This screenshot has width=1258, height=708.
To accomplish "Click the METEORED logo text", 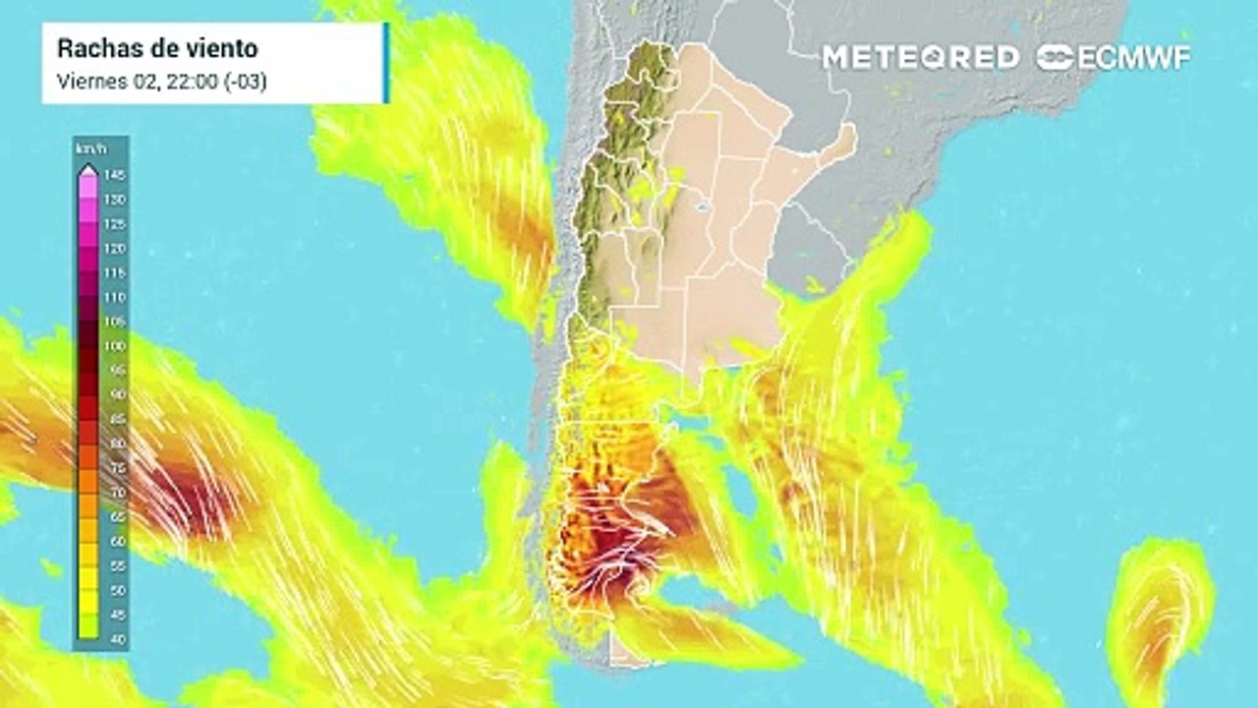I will click(x=920, y=57).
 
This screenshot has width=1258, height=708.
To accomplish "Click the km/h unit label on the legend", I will click(x=86, y=148).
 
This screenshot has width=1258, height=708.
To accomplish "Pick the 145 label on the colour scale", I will click(x=115, y=175).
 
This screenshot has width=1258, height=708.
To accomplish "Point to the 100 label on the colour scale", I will click(x=115, y=346).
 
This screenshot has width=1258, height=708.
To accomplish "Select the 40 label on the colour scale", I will click(x=115, y=639).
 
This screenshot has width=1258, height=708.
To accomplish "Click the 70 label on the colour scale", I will click(x=115, y=493).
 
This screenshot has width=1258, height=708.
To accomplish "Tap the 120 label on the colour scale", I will click(x=115, y=249).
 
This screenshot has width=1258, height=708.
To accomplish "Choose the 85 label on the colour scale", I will click(x=115, y=420).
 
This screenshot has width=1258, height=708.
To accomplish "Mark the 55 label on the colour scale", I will click(x=115, y=566).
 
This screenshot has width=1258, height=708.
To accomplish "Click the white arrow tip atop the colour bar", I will click(x=87, y=168).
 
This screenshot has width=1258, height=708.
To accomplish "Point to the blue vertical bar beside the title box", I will click(x=386, y=63).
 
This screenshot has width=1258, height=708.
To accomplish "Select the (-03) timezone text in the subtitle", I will click(x=246, y=82).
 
